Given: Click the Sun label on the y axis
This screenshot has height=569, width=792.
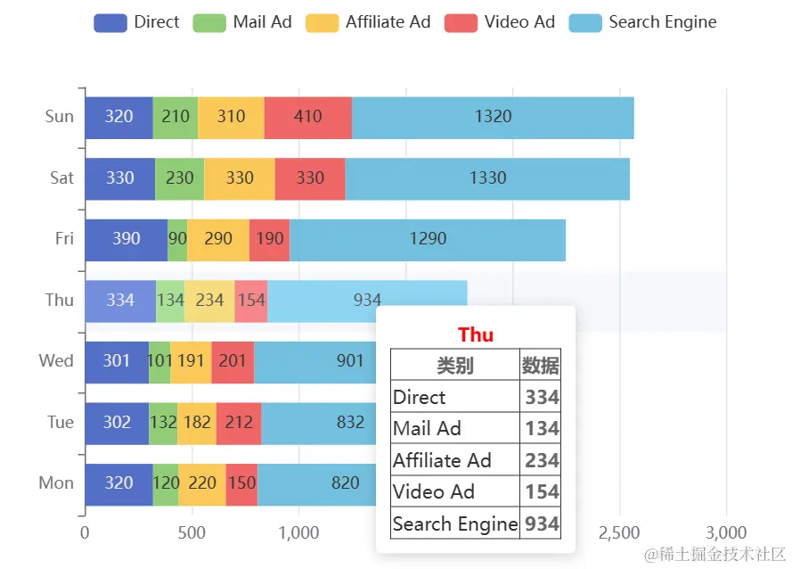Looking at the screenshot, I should tap(60, 116).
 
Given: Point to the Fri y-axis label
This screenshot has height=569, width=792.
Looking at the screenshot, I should tap(64, 239).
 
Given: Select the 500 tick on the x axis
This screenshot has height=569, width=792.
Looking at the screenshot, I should tap(192, 533).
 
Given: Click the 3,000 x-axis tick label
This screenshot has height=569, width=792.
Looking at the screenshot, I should tap(726, 533).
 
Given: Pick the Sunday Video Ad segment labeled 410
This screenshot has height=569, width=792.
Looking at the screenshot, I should tap(307, 117).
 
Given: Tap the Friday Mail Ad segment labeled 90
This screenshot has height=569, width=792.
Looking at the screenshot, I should tap(177, 239).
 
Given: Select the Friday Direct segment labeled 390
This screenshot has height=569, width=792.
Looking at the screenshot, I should tap(126, 239).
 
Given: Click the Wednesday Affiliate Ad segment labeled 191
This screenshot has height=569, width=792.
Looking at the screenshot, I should tap(191, 361).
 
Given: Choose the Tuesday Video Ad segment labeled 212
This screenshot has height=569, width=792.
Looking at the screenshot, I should tap(239, 422).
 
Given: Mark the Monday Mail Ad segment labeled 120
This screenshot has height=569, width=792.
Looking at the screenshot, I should tap(166, 483).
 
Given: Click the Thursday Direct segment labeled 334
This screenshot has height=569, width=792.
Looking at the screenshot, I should tap(120, 301).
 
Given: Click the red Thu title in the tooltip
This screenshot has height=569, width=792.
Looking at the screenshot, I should tap(476, 334).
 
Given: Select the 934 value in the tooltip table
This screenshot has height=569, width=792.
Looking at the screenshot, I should tap(542, 524).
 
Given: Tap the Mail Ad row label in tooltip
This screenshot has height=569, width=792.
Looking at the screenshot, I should tap(427, 428).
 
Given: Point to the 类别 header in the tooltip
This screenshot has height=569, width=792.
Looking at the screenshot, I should tap(454, 365).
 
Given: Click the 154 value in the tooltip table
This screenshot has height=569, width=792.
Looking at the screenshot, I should tap(542, 491).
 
